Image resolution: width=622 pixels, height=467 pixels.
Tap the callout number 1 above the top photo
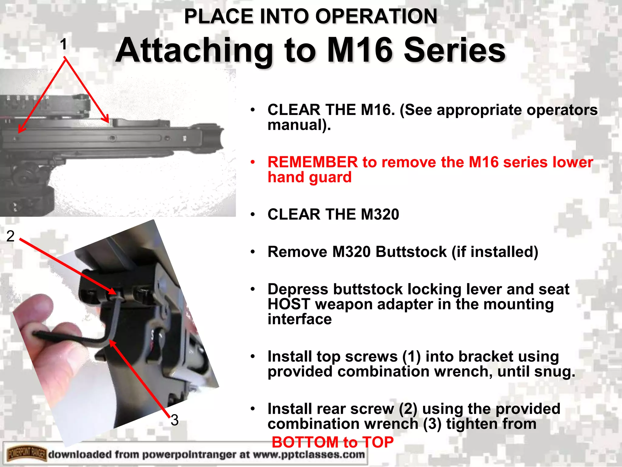click(x=63, y=44)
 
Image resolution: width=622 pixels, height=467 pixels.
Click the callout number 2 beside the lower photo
click(x=10, y=236)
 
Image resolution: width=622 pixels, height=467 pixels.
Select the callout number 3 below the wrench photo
click(x=174, y=420)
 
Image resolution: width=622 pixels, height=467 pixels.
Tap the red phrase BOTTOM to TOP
click(x=333, y=442)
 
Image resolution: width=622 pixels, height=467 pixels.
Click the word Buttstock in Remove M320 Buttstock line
click(x=411, y=252)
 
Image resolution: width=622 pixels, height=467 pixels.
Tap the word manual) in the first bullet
click(x=299, y=125)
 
